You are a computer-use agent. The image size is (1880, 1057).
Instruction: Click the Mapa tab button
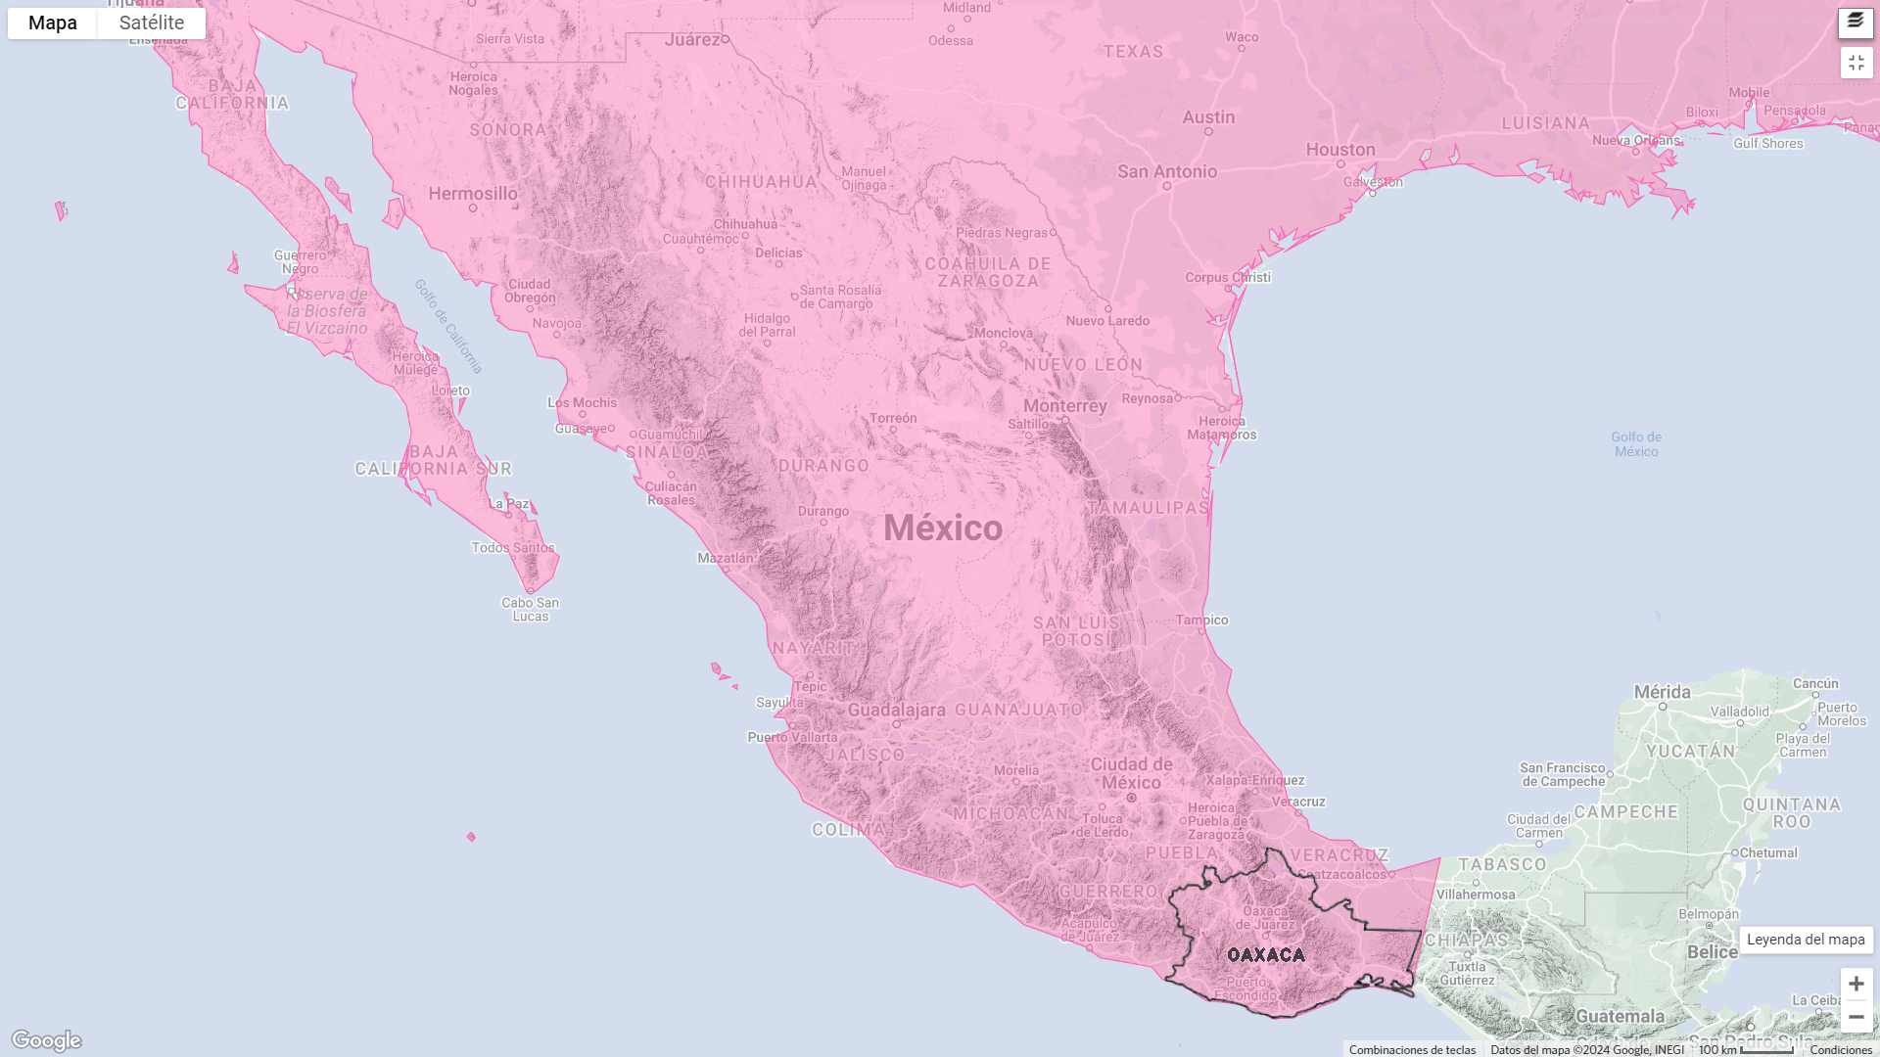click(x=53, y=23)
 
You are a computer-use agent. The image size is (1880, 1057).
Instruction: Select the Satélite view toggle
click(x=152, y=23)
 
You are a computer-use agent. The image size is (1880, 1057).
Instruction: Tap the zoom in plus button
click(x=1856, y=984)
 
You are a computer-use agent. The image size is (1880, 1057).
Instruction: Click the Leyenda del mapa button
click(x=1806, y=940)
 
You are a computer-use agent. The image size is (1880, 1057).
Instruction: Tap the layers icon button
click(x=1856, y=22)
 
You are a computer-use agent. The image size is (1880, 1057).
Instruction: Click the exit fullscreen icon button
click(x=1856, y=63)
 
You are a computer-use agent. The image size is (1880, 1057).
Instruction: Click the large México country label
click(x=943, y=528)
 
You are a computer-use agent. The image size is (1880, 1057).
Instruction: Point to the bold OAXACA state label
click(x=1266, y=955)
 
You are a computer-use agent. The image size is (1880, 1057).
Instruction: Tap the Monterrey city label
click(x=1065, y=406)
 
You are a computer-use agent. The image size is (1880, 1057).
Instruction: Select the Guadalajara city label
click(x=897, y=711)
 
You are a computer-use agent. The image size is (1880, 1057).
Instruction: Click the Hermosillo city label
click(x=473, y=194)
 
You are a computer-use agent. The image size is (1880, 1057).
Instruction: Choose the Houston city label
click(x=1340, y=150)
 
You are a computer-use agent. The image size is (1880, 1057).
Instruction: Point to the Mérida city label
click(x=1662, y=692)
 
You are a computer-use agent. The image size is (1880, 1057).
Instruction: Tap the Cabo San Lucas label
click(x=531, y=610)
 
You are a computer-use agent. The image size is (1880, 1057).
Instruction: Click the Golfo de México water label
click(x=1636, y=444)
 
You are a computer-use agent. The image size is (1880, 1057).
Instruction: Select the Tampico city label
click(x=1202, y=620)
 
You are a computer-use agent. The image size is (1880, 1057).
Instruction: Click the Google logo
click(x=46, y=1040)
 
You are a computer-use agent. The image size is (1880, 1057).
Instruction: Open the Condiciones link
click(x=1841, y=1050)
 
